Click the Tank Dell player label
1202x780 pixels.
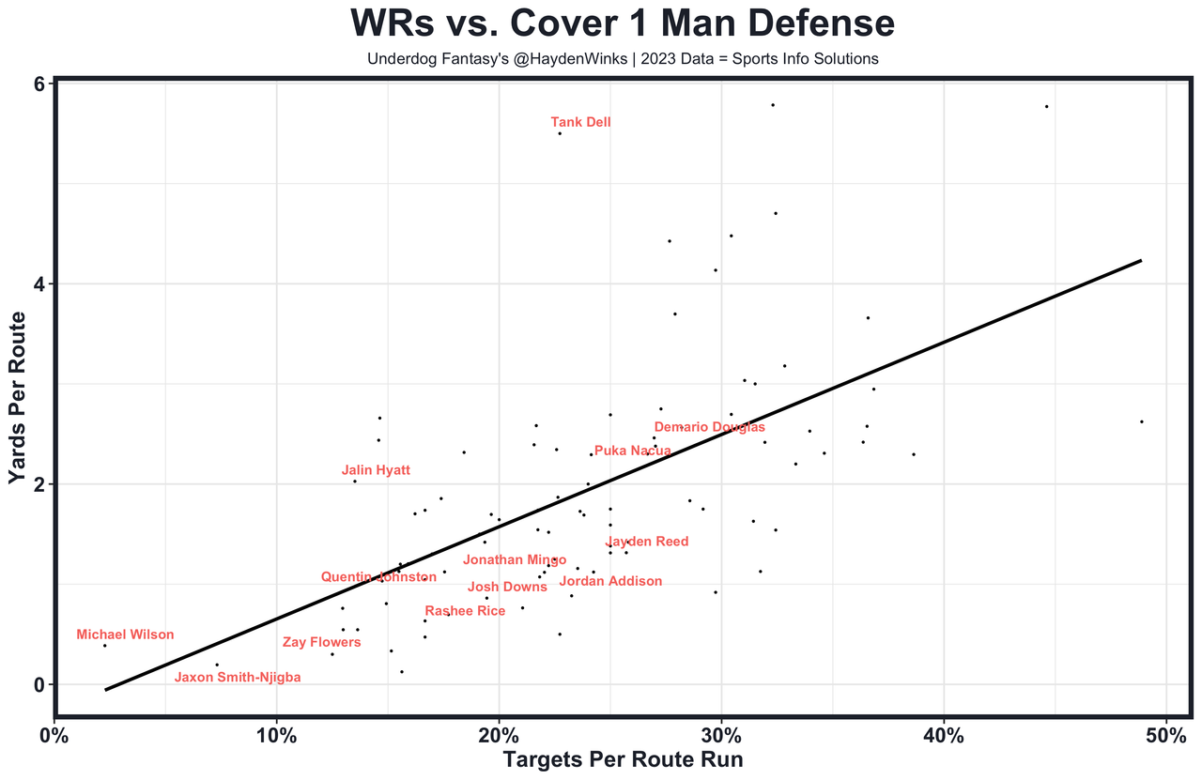[580, 122]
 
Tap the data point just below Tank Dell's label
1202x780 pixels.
[560, 133]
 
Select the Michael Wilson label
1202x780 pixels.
[125, 635]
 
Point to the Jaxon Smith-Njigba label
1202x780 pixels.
[238, 677]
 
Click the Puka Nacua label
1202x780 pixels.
[632, 451]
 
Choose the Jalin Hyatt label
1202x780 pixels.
[376, 470]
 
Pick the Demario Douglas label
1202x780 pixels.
[709, 427]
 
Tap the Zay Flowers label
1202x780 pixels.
[321, 642]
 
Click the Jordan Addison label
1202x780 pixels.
[610, 581]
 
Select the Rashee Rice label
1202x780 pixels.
[465, 611]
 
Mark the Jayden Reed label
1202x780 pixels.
[647, 542]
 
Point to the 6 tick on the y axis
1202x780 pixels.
[40, 84]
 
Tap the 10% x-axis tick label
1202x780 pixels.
[276, 734]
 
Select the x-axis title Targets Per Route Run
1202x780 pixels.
[623, 760]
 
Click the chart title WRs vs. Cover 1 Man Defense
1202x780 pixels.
[622, 24]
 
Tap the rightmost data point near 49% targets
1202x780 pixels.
[1141, 421]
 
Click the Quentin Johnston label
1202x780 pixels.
[378, 577]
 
